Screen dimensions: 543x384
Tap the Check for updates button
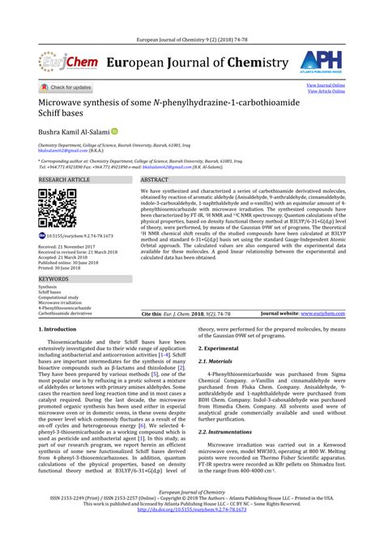(x=66, y=88)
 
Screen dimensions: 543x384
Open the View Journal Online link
(x=325, y=85)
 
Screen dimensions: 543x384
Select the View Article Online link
(x=326, y=92)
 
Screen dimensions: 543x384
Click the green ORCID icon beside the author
(x=115, y=130)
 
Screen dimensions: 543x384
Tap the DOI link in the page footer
(x=191, y=532)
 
